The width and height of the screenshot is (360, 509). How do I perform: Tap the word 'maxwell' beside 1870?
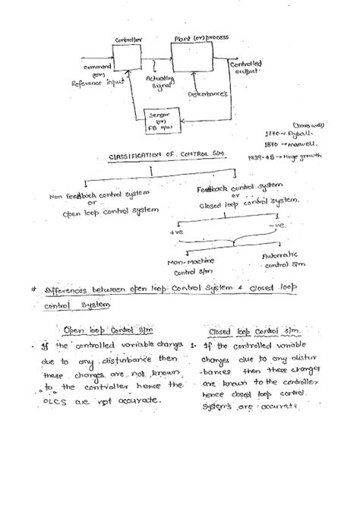(299, 141)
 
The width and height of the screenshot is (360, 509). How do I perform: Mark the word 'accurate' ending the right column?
(273, 405)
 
